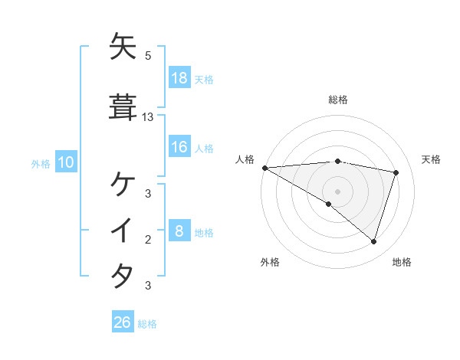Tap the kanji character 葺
(123, 107)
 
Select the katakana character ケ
(123, 185)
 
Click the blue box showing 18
(179, 78)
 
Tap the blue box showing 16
(179, 147)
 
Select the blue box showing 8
(179, 231)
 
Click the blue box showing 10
(65, 162)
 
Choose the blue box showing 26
(123, 322)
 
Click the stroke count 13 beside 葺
(148, 117)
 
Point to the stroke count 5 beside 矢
(148, 56)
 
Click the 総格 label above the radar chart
(337, 100)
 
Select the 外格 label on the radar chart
(270, 262)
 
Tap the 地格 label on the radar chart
(402, 262)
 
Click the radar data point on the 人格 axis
(264, 168)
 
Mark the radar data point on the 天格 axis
(396, 172)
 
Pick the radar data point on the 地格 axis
(373, 241)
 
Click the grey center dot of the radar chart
(337, 191)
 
